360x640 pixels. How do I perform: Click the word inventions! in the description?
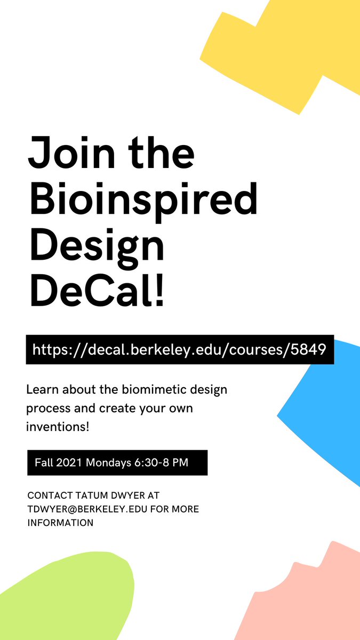click(58, 427)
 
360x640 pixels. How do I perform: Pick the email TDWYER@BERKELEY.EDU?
click(88, 509)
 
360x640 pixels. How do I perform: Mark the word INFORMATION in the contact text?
click(60, 523)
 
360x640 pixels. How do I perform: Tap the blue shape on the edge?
click(328, 411)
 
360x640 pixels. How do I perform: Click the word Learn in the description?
click(42, 389)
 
